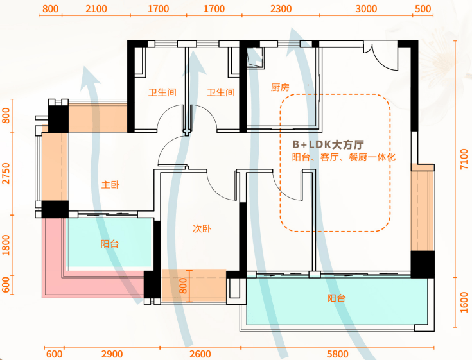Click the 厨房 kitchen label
280,87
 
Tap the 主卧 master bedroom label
110,184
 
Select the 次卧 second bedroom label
202,228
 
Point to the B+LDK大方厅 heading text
328,144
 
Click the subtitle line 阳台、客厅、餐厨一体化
344,157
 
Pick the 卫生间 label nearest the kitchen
221,92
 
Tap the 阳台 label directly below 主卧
110,244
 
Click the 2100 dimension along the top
96,9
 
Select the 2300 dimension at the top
281,9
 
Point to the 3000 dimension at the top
366,9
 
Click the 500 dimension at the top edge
423,9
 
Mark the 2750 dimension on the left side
6,174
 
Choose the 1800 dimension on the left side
6,245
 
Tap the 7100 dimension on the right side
464,159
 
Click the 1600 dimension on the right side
464,302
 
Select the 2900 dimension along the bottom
112,354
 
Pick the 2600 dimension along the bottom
200,354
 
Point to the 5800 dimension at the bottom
337,354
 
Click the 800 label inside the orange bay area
183,286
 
